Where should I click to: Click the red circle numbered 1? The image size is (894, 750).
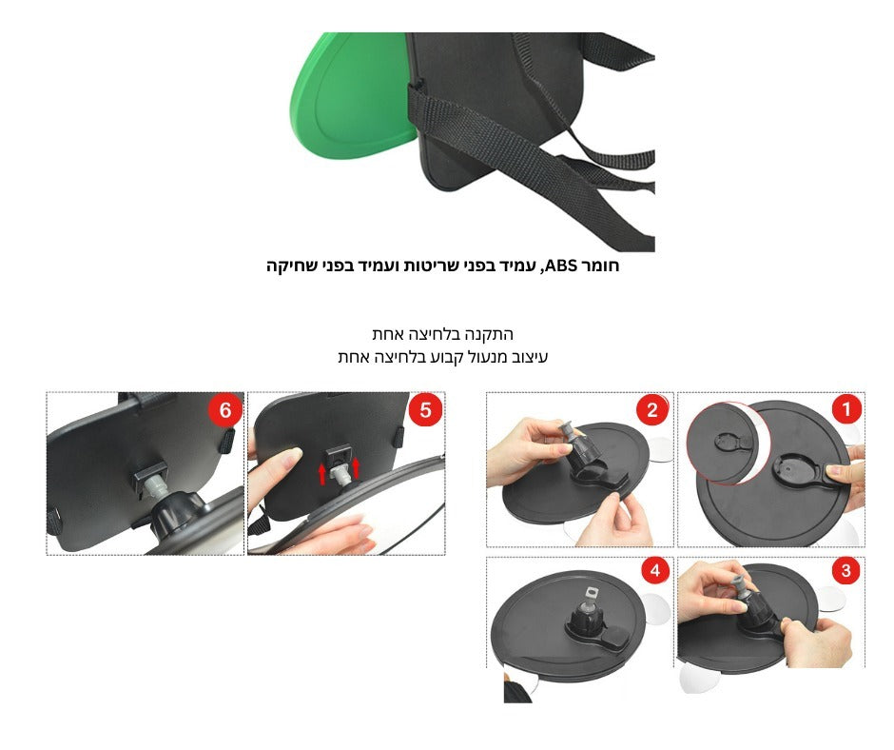846,409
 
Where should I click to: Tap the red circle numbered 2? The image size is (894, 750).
652,409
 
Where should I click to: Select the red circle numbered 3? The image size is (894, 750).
845,570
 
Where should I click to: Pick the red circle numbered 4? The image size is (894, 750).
654,570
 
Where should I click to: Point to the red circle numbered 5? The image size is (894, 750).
425,410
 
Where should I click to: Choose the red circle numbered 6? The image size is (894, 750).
225,410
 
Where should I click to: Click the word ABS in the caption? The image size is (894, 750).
561,266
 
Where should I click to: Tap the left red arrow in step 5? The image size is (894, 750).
322,474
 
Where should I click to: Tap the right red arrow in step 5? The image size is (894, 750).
357,467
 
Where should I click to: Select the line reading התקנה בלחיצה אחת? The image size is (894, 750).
443,334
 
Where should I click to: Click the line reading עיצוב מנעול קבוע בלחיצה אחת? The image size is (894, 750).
443,357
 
